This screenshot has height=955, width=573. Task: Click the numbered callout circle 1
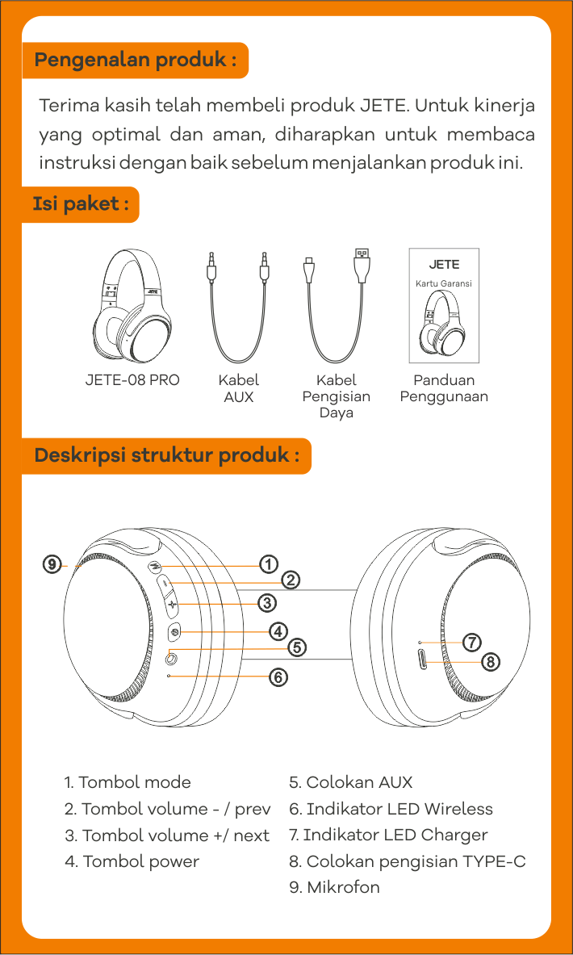pyautogui.click(x=269, y=563)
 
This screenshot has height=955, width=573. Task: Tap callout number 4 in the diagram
pyautogui.click(x=278, y=630)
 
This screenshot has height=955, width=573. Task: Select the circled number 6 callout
pyautogui.click(x=278, y=676)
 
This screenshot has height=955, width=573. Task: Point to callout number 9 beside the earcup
pyautogui.click(x=52, y=564)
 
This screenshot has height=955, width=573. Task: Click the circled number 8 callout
pyautogui.click(x=491, y=662)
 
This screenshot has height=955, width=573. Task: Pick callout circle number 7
pyautogui.click(x=472, y=643)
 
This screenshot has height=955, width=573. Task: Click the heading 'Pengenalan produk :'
pyautogui.click(x=135, y=61)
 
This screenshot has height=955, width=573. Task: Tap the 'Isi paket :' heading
pyautogui.click(x=80, y=204)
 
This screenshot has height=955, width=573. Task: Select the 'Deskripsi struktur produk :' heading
pyautogui.click(x=166, y=455)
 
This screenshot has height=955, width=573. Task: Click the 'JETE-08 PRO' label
pyautogui.click(x=132, y=380)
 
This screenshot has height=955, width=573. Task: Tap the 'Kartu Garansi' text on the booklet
pyautogui.click(x=443, y=284)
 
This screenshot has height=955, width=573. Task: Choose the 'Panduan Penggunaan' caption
pyautogui.click(x=444, y=388)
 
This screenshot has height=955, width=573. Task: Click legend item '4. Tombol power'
pyautogui.click(x=132, y=861)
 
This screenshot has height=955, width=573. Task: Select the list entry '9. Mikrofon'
pyautogui.click(x=334, y=887)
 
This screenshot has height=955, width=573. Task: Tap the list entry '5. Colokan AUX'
pyautogui.click(x=350, y=782)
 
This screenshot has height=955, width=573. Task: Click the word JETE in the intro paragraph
pyautogui.click(x=384, y=106)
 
